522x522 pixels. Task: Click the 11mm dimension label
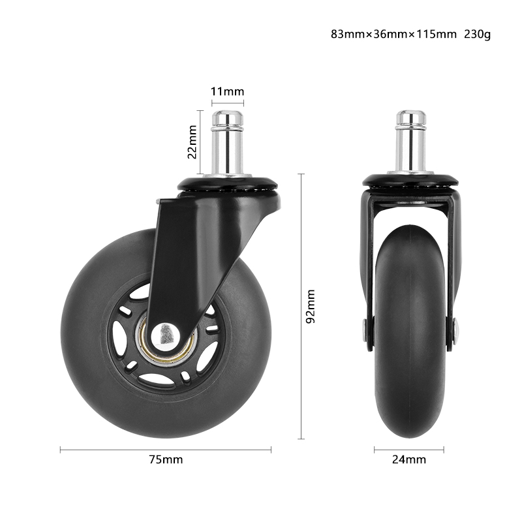coord(226,91)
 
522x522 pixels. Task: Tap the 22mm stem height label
coord(192,143)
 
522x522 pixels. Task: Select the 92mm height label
coord(311,307)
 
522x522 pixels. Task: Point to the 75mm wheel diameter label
coord(166,459)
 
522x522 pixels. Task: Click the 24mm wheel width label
coord(409,459)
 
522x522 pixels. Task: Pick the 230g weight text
coord(477,34)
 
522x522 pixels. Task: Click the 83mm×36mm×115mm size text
coord(393,34)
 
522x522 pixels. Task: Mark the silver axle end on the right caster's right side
coord(455,330)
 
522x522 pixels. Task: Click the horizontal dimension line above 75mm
coord(166,449)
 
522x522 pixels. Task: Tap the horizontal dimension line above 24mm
coord(409,449)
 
